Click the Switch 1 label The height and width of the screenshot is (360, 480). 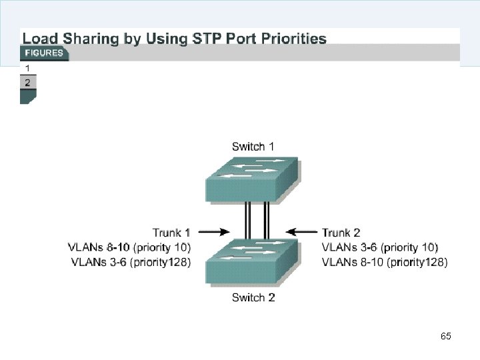[253, 146]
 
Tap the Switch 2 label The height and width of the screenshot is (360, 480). [253, 297]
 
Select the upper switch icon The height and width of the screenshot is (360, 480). [252, 178]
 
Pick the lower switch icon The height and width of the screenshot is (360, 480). [252, 262]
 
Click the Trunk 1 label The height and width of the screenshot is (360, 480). [171, 233]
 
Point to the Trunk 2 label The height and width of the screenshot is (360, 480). [341, 233]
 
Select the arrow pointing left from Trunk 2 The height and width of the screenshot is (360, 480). [302, 233]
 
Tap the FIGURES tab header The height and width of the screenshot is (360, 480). [44, 53]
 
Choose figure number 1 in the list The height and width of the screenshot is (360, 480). [27, 68]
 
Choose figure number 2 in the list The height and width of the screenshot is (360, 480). [27, 83]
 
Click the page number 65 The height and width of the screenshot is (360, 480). [446, 336]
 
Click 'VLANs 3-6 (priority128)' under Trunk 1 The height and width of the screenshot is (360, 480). [131, 262]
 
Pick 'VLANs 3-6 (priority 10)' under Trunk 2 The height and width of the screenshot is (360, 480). [380, 247]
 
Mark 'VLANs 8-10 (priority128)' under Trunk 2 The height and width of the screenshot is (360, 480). [385, 262]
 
